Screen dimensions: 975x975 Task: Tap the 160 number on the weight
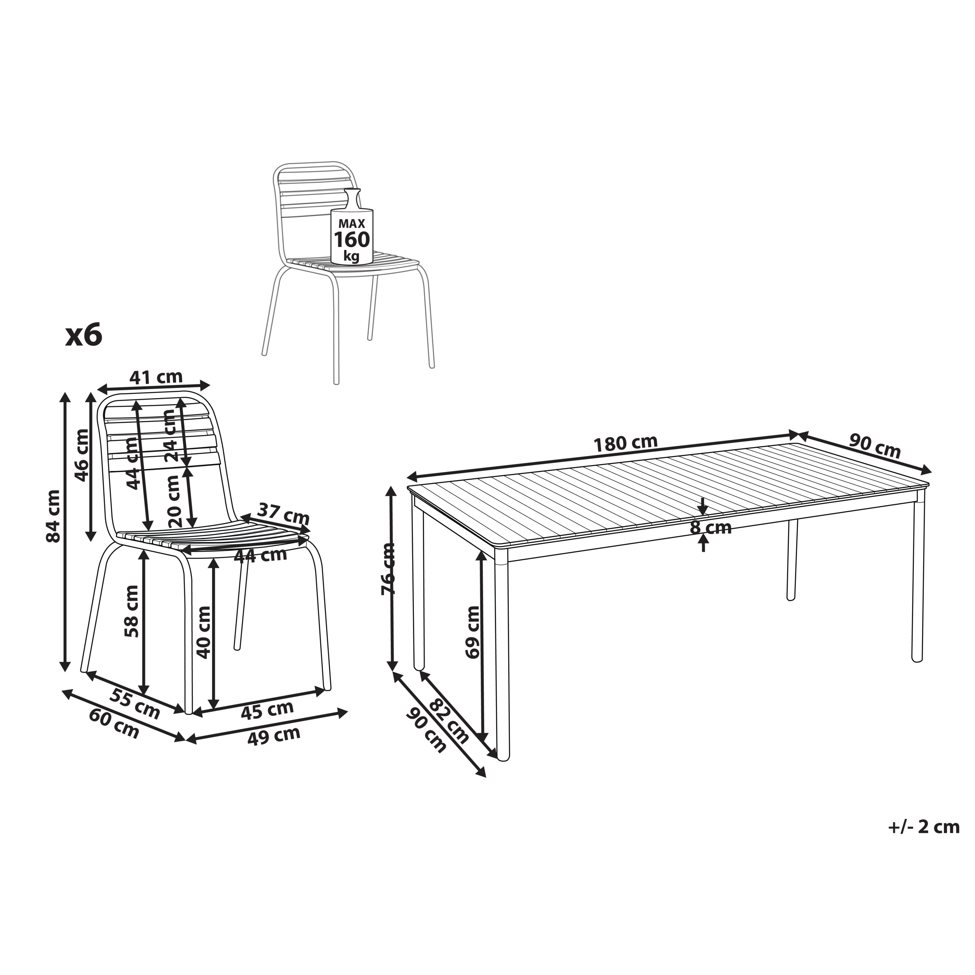click(352, 239)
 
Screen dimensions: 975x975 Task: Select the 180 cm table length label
click(625, 443)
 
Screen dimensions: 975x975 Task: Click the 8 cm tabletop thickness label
click(711, 528)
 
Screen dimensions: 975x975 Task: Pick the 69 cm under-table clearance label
click(473, 632)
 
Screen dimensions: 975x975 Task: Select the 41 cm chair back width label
click(156, 377)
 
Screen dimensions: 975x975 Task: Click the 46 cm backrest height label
click(81, 455)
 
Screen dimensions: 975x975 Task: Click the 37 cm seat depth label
click(283, 514)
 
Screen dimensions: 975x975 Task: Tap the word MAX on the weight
click(352, 223)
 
